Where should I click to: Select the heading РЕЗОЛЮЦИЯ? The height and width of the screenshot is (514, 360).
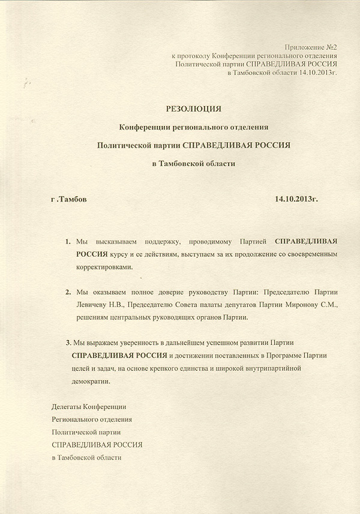pyautogui.click(x=193, y=109)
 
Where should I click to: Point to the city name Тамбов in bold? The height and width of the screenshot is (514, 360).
pyautogui.click(x=71, y=198)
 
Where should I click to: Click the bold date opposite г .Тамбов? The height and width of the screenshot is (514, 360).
pyautogui.click(x=296, y=198)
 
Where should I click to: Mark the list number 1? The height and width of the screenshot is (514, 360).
pyautogui.click(x=68, y=241)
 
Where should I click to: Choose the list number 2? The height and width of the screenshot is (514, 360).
pyautogui.click(x=68, y=292)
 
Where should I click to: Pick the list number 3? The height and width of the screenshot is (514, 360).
pyautogui.click(x=68, y=342)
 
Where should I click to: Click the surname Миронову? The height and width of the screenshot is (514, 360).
pyautogui.click(x=305, y=305)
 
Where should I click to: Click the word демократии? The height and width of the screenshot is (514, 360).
pyautogui.click(x=90, y=381)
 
